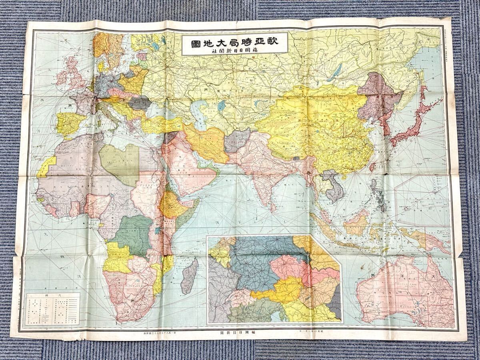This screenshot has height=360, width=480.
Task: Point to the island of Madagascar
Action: click(x=189, y=276)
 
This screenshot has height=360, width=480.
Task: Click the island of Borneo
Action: click(x=356, y=222)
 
